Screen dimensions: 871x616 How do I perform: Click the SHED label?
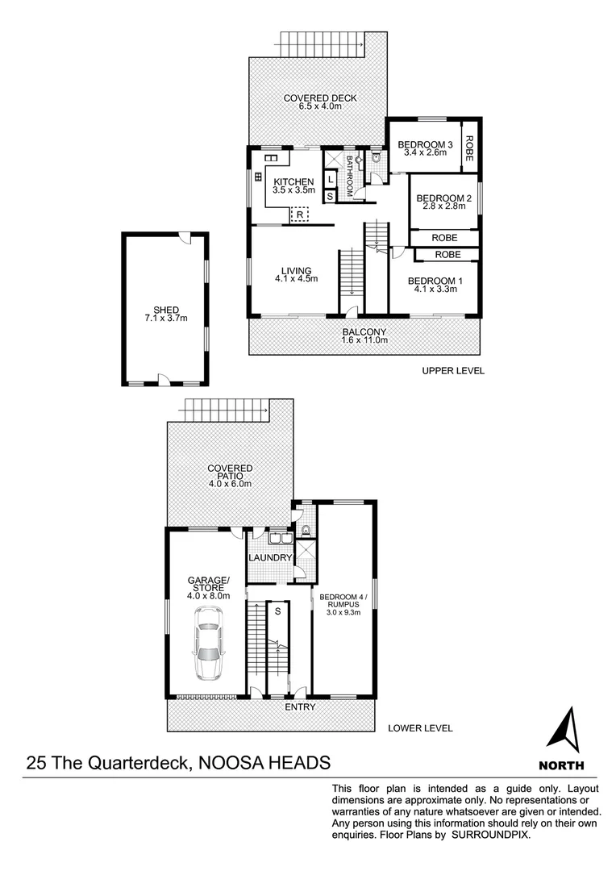click(x=166, y=309)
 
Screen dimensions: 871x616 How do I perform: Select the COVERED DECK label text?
click(x=320, y=99)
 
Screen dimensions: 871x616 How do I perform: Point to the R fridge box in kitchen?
click(x=300, y=215)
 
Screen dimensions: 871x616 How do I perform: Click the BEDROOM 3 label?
click(x=426, y=145)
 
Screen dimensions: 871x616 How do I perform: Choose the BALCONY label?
click(x=364, y=331)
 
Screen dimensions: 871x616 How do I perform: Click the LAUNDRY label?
click(x=270, y=558)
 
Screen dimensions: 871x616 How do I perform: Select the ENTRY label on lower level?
click(x=299, y=707)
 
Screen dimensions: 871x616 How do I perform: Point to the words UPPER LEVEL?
click(x=452, y=372)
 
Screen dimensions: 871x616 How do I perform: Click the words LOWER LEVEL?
click(x=420, y=728)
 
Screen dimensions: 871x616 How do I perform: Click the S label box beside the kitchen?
click(x=330, y=195)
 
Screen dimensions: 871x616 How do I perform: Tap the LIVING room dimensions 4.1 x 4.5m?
click(x=295, y=280)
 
